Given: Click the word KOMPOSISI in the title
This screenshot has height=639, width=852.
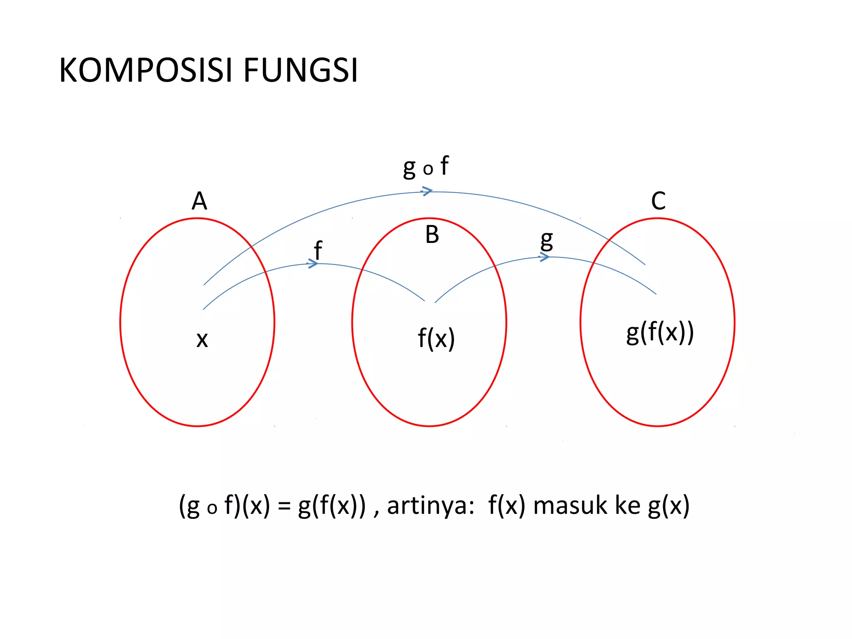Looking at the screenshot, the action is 146,70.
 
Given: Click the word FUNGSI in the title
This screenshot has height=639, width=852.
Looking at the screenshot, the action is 301,70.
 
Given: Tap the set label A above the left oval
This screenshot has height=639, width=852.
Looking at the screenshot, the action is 199,201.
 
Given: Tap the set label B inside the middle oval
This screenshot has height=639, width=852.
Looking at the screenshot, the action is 432,235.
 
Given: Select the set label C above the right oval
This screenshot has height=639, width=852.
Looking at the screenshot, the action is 659,201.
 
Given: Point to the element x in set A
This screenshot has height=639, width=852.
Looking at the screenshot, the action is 202,340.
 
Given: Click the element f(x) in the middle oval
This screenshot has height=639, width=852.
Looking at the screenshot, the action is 436,338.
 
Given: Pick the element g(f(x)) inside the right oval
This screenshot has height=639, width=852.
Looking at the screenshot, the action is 660,333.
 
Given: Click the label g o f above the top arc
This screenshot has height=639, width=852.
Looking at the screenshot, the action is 426,166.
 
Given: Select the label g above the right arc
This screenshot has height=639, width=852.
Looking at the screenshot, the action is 547,241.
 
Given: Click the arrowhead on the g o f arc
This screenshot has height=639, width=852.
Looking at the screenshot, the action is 427,191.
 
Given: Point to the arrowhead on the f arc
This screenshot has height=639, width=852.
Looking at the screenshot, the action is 313,263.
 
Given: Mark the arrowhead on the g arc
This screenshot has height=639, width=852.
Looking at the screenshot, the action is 544,258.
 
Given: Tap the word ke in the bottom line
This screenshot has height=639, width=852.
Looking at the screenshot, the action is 628,506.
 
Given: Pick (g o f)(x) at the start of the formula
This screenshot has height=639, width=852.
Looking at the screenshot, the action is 225,506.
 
